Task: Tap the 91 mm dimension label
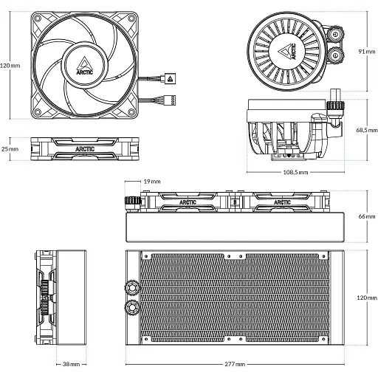(x=365, y=52)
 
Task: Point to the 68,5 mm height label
(x=365, y=129)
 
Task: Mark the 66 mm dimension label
(x=365, y=216)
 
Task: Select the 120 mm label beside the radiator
(x=365, y=297)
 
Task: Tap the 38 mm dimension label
(x=72, y=364)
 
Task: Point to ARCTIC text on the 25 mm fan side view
(x=84, y=148)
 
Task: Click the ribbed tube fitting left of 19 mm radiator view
(x=133, y=201)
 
